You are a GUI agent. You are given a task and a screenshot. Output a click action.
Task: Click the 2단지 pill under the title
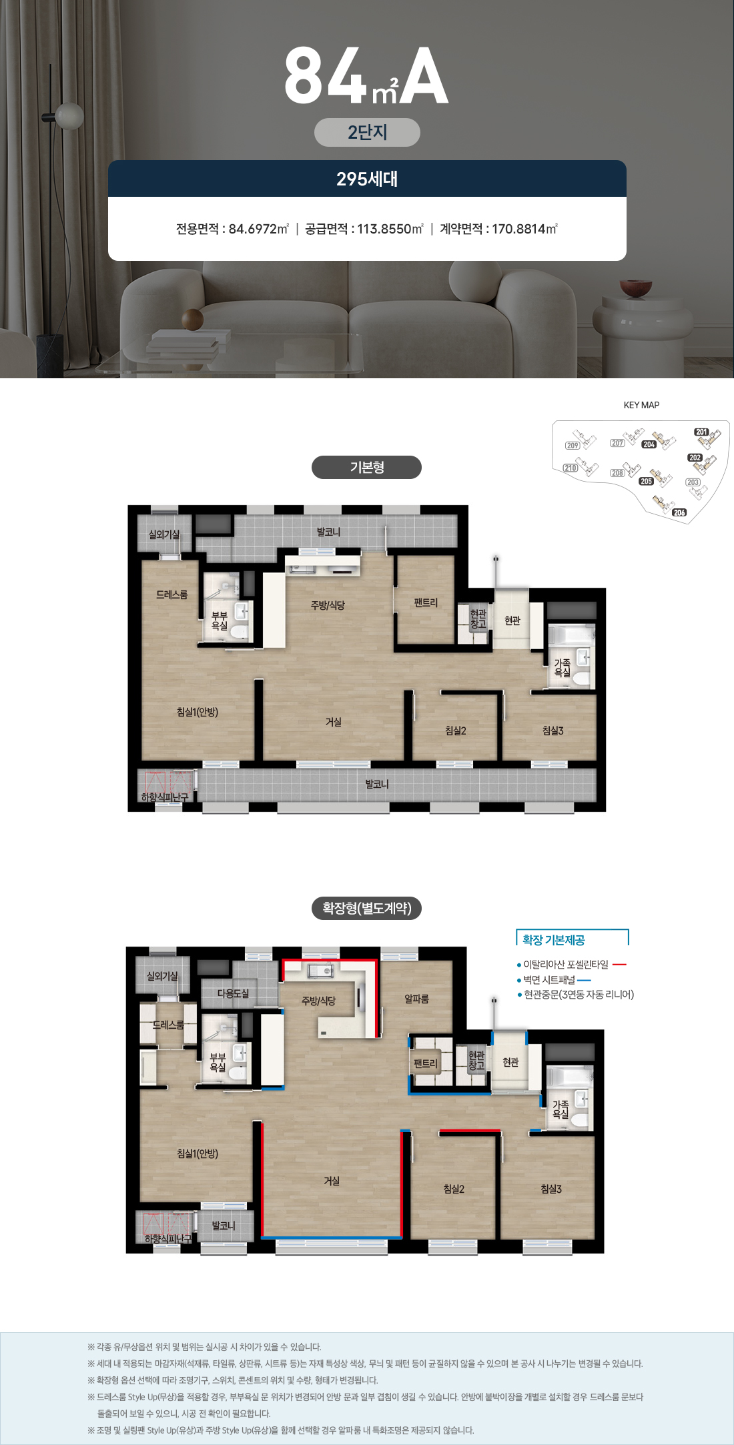pyautogui.click(x=367, y=132)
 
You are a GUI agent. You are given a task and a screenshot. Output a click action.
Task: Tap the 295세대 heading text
pyautogui.click(x=367, y=179)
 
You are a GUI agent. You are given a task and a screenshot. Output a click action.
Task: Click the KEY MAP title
pyautogui.click(x=641, y=405)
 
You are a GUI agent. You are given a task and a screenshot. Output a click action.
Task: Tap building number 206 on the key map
pyautogui.click(x=679, y=512)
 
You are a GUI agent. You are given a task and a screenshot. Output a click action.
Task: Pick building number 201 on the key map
pyautogui.click(x=701, y=432)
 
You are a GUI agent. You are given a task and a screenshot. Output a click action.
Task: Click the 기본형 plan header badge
pyautogui.click(x=366, y=467)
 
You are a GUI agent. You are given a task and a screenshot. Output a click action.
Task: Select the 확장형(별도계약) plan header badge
pyautogui.click(x=366, y=908)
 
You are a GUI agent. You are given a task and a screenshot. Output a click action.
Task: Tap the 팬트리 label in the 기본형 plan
pyautogui.click(x=426, y=602)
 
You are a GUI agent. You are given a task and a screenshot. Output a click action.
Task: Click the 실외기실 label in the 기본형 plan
pyautogui.click(x=164, y=534)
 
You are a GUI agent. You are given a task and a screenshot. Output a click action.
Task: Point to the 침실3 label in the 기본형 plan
pyautogui.click(x=553, y=731)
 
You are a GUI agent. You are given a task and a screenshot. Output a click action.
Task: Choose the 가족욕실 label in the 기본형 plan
pyautogui.click(x=563, y=668)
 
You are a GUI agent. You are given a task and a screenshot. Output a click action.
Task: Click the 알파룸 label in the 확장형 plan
pyautogui.click(x=416, y=999)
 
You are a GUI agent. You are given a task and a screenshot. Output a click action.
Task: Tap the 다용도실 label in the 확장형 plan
pyautogui.click(x=233, y=993)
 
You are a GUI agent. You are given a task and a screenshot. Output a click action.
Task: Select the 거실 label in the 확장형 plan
pyautogui.click(x=332, y=1181)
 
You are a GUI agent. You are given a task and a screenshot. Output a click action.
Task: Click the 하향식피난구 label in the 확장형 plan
pyautogui.click(x=167, y=1238)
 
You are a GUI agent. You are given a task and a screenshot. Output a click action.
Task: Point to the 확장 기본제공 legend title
pyautogui.click(x=553, y=940)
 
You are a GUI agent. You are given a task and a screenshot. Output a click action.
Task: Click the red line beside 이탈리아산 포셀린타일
pyautogui.click(x=619, y=965)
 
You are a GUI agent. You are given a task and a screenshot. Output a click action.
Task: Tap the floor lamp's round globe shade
pyautogui.click(x=69, y=115)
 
